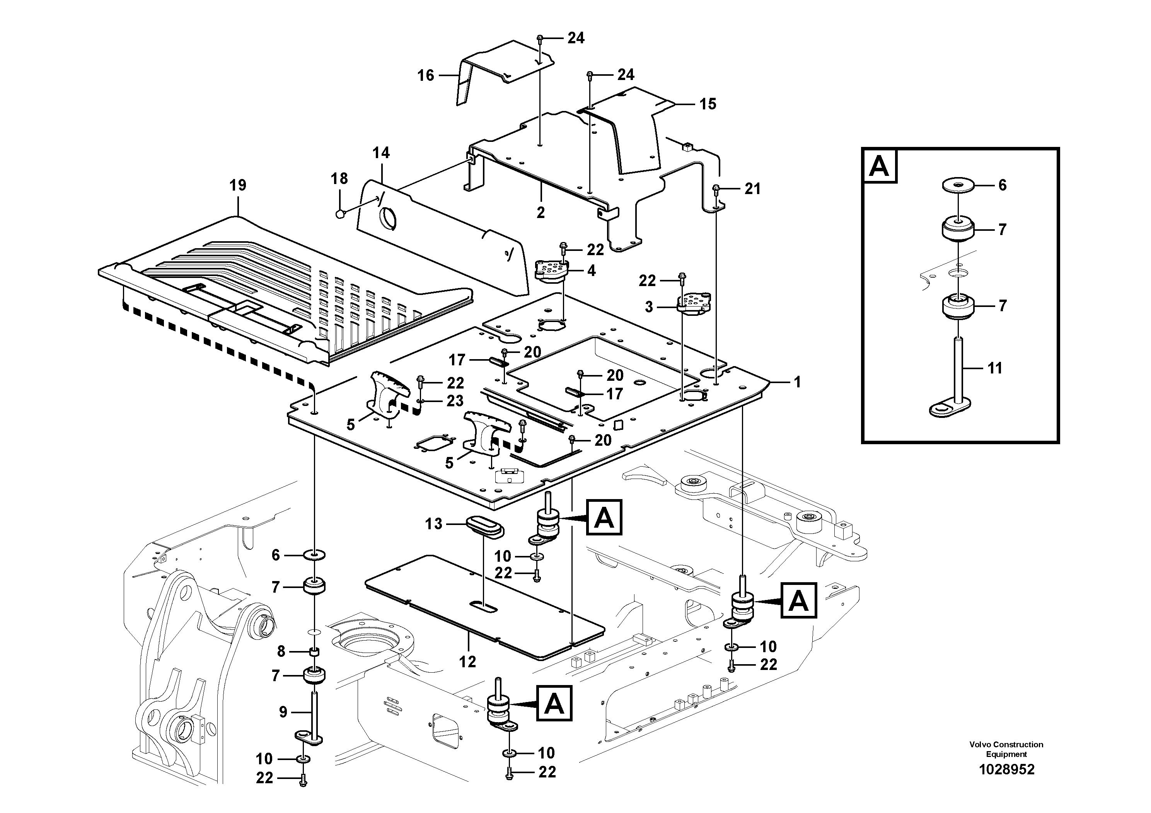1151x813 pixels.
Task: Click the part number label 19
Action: click(238, 186)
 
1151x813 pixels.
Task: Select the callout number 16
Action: click(426, 76)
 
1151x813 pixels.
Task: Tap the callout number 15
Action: click(708, 104)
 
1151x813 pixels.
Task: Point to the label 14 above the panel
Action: click(381, 153)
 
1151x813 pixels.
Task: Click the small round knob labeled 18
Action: click(340, 214)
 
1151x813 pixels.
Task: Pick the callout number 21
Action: click(752, 189)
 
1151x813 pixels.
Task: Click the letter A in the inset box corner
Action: click(879, 165)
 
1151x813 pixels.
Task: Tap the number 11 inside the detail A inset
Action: click(994, 368)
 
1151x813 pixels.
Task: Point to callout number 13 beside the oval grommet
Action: click(434, 524)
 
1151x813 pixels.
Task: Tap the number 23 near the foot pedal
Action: click(455, 401)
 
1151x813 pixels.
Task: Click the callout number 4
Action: click(592, 271)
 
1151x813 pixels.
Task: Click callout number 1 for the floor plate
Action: click(797, 382)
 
